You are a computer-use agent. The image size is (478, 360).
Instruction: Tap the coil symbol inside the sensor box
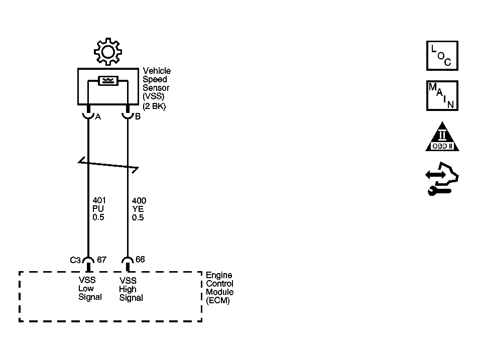108,81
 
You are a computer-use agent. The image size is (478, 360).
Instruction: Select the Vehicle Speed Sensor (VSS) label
156,83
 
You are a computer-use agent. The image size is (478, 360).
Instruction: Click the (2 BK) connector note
154,106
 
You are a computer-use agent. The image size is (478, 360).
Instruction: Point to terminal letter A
98,117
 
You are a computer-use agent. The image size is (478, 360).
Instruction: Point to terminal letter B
138,116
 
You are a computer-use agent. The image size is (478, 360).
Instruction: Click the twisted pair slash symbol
108,165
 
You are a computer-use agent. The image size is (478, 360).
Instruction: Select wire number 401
99,200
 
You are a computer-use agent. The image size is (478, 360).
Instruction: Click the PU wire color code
98,209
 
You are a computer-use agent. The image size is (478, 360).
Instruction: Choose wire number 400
139,200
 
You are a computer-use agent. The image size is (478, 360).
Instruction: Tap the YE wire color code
138,209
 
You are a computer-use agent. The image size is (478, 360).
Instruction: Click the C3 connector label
75,260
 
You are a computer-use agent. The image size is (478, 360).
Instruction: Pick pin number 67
102,260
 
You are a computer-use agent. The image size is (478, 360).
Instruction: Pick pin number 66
140,260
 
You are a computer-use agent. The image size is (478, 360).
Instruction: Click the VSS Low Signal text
90,288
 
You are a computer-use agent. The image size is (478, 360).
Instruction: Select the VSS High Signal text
131,289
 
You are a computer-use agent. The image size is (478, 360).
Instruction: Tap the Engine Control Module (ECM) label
219,288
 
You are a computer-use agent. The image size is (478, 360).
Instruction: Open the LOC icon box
442,55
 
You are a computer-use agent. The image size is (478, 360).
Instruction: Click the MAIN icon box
442,95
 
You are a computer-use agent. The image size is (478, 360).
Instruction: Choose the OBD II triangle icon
442,137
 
